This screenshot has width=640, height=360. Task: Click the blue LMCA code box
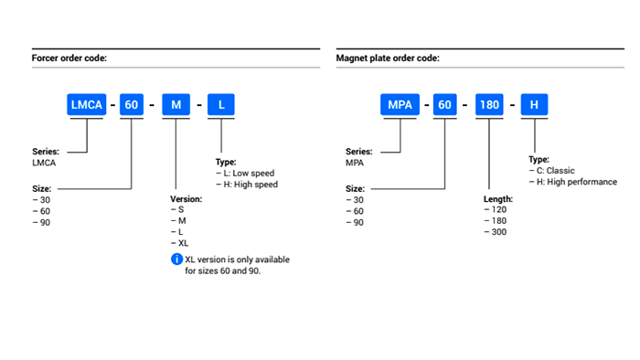coord(87,105)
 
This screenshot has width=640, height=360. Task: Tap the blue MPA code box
coord(400,105)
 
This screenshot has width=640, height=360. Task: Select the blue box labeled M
coord(176,105)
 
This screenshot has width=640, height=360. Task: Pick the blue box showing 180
coord(489,105)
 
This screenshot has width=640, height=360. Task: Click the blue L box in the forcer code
coord(221,105)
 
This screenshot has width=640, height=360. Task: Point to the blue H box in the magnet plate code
coord(534,105)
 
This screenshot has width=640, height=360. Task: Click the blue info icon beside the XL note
coord(176,259)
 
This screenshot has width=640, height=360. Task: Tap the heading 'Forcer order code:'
coord(69,58)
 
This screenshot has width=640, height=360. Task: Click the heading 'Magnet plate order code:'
coord(388,58)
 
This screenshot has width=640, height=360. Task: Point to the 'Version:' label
coord(187,199)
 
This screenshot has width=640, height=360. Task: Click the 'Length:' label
coord(498,199)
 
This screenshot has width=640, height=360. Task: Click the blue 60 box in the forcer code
coord(132,105)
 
